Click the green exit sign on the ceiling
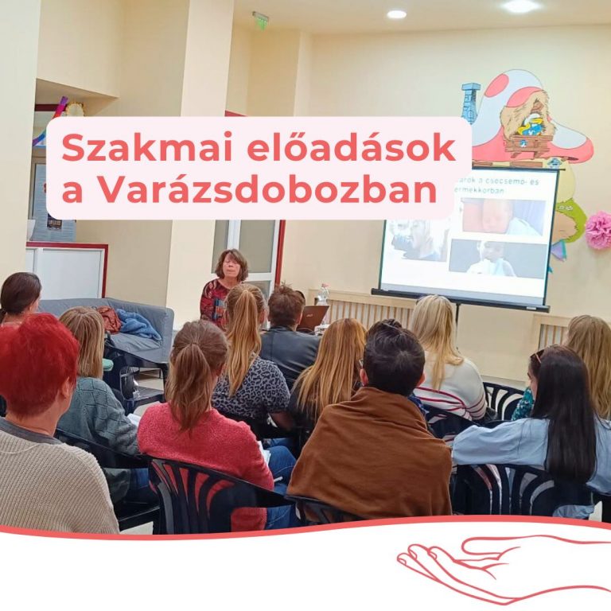tap(260, 18)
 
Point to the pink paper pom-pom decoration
tap(598, 230)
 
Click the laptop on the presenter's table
tap(313, 317)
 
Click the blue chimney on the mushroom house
tap(470, 102)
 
